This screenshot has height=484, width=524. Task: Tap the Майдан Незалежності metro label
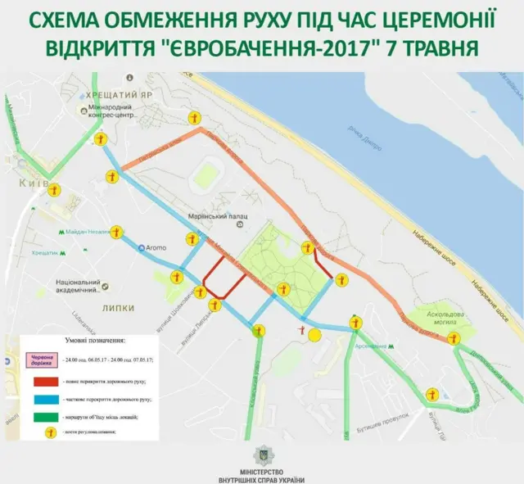click(x=88, y=232)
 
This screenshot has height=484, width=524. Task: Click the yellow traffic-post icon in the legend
click(x=48, y=433)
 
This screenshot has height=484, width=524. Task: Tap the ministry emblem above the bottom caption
click(x=261, y=453)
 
